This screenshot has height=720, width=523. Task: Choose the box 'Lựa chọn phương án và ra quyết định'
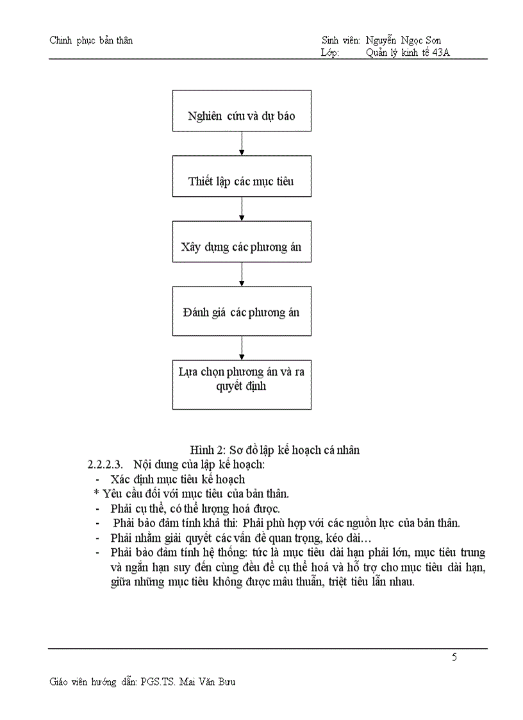pos(242,385)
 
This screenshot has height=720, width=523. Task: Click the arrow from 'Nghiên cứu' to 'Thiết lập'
pos(242,143)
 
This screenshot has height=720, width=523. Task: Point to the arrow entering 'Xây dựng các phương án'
pos(242,208)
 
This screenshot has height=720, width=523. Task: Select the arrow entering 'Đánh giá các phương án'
pos(242,274)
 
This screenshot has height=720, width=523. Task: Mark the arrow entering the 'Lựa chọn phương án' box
pos(242,347)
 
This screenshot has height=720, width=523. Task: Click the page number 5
pos(454,657)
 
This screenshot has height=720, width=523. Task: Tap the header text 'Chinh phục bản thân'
pos(91,40)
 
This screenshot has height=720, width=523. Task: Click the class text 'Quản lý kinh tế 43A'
pos(408,53)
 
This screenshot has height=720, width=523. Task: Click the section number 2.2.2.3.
pos(104,464)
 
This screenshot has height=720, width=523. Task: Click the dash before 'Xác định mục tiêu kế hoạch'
pos(97,479)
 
